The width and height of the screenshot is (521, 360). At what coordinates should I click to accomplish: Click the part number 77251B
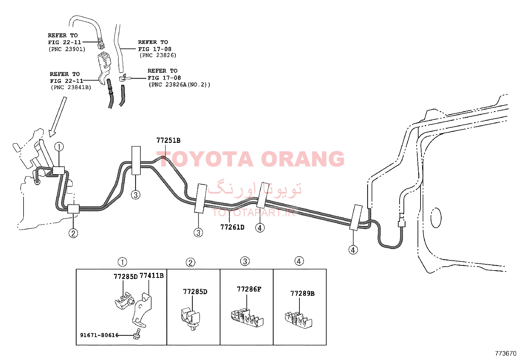pyautogui.click(x=168, y=141)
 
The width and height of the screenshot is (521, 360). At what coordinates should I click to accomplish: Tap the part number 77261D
pyautogui.click(x=232, y=227)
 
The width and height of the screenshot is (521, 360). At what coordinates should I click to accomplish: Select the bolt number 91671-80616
pyautogui.click(x=99, y=335)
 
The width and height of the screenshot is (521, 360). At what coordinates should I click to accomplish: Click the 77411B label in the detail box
pyautogui.click(x=152, y=276)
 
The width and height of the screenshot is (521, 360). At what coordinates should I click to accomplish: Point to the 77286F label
pyautogui.click(x=249, y=289)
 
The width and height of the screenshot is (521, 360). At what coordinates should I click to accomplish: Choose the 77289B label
pyautogui.click(x=302, y=294)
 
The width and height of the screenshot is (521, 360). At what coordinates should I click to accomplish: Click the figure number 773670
pyautogui.click(x=506, y=353)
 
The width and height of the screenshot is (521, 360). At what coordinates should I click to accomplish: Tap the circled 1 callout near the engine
pyautogui.click(x=59, y=147)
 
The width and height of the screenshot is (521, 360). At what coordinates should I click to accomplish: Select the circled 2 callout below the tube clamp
pyautogui.click(x=73, y=233)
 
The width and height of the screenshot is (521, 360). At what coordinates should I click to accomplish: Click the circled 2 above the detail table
pyautogui.click(x=190, y=263)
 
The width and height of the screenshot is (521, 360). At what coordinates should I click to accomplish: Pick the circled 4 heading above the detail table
pyautogui.click(x=299, y=261)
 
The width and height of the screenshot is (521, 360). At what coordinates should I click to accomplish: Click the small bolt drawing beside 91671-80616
pyautogui.click(x=137, y=334)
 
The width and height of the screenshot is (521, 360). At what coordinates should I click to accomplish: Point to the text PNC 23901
pyautogui.click(x=67, y=49)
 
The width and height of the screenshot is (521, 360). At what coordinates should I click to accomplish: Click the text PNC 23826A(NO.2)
pyautogui.click(x=179, y=85)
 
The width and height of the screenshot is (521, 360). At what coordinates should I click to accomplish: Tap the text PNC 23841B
pyautogui.click(x=71, y=87)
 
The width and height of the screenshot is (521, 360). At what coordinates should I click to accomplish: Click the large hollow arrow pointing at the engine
pyautogui.click(x=58, y=117)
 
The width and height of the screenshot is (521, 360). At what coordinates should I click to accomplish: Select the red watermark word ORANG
pyautogui.click(x=303, y=159)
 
